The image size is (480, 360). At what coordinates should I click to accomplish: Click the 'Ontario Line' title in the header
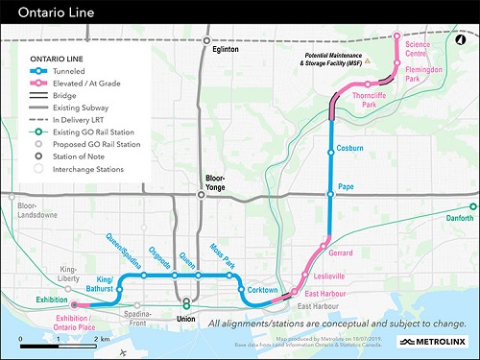click(47, 13)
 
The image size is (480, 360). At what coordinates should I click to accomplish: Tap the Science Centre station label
click(419, 48)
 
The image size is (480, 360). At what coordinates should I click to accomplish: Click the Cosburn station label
click(350, 149)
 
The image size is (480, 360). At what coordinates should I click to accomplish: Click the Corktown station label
click(262, 290)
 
